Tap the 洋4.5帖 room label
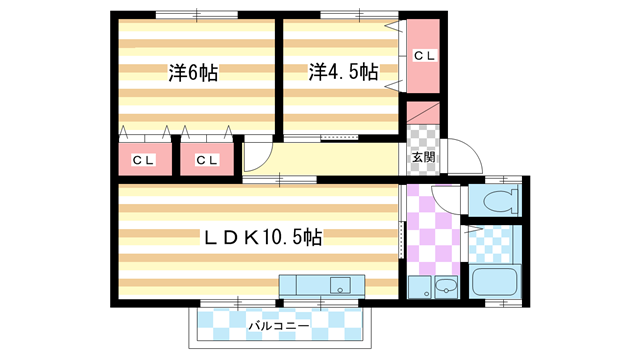click(x=342, y=72)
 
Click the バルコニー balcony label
click(x=277, y=325)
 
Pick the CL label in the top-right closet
click(x=424, y=56)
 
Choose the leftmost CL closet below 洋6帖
click(x=142, y=160)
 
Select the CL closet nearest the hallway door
click(x=206, y=160)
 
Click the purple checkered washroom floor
click(x=432, y=235)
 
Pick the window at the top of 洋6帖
click(x=196, y=14)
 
